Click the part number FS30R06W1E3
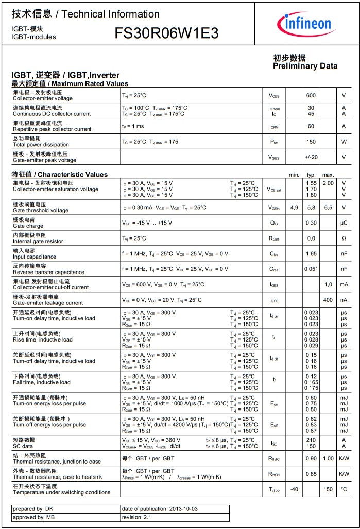(x=166, y=34)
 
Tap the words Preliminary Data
(x=305, y=66)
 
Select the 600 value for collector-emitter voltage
(x=311, y=96)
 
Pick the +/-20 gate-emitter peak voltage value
(x=311, y=157)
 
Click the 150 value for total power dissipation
(x=311, y=142)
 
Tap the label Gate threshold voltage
(x=41, y=210)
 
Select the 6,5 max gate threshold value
(x=328, y=208)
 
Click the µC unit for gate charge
(x=344, y=223)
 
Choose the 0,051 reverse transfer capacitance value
(x=311, y=269)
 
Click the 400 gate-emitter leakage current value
(x=328, y=300)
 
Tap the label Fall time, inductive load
(x=42, y=382)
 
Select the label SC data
(x=24, y=446)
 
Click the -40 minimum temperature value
(x=294, y=489)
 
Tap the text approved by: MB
(x=33, y=517)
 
